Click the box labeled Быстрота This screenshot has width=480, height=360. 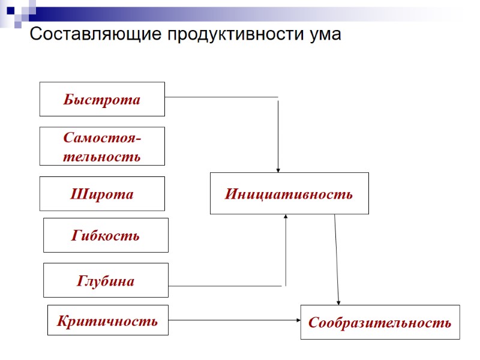pyautogui.click(x=102, y=99)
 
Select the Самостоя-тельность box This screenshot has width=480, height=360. pyautogui.click(x=102, y=146)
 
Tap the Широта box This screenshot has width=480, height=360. pyautogui.click(x=102, y=194)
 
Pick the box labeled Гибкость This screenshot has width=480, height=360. pyautogui.click(x=106, y=235)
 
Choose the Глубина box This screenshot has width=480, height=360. pyautogui.click(x=106, y=280)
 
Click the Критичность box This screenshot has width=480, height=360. pyautogui.click(x=107, y=320)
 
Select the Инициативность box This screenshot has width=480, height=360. pyautogui.click(x=289, y=193)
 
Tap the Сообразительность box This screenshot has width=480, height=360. pyautogui.click(x=380, y=322)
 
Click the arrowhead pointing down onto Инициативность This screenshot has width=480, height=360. pyautogui.click(x=278, y=170)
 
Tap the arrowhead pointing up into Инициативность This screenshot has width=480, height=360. pyautogui.click(x=286, y=217)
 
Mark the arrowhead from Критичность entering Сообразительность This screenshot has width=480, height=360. pyautogui.click(x=298, y=320)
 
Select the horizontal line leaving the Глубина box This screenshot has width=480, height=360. pyautogui.click(x=225, y=286)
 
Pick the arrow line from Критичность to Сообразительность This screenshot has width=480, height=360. pyautogui.click(x=234, y=320)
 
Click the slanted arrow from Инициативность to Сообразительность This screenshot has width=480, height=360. pyautogui.click(x=337, y=258)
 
